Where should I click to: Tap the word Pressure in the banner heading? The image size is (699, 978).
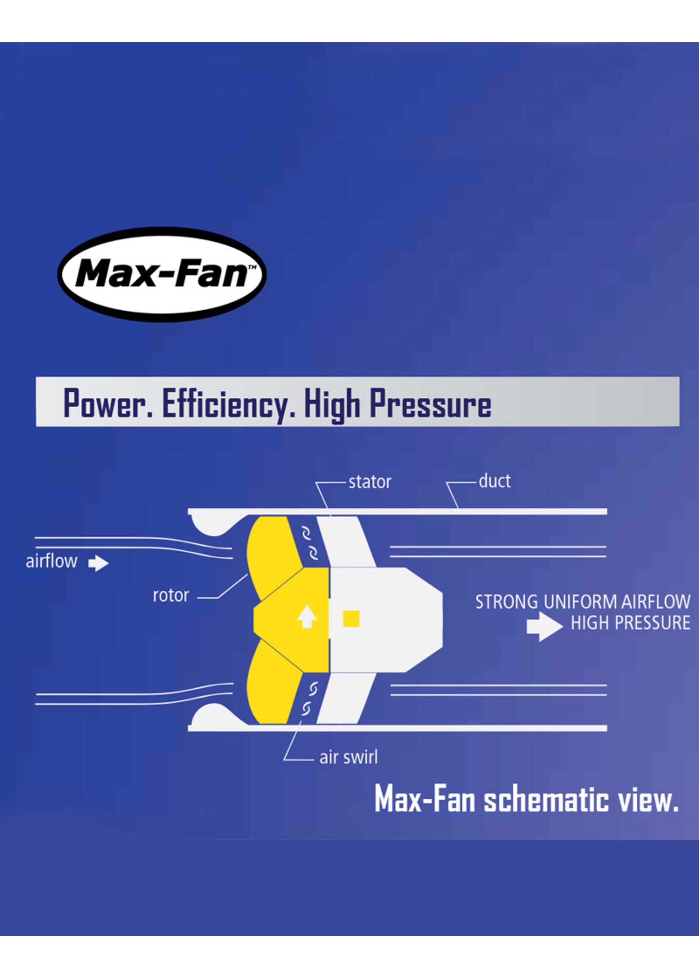click(430, 403)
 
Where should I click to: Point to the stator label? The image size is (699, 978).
click(370, 482)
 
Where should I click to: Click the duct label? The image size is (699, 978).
click(495, 481)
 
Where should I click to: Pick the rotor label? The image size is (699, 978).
click(171, 596)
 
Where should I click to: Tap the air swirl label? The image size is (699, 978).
click(348, 757)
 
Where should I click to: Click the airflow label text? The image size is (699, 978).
click(52, 561)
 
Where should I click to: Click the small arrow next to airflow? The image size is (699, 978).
click(99, 563)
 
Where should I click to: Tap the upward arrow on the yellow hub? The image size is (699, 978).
click(307, 616)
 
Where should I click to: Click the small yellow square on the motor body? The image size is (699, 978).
click(351, 619)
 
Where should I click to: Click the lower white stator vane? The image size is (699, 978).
click(344, 697)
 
